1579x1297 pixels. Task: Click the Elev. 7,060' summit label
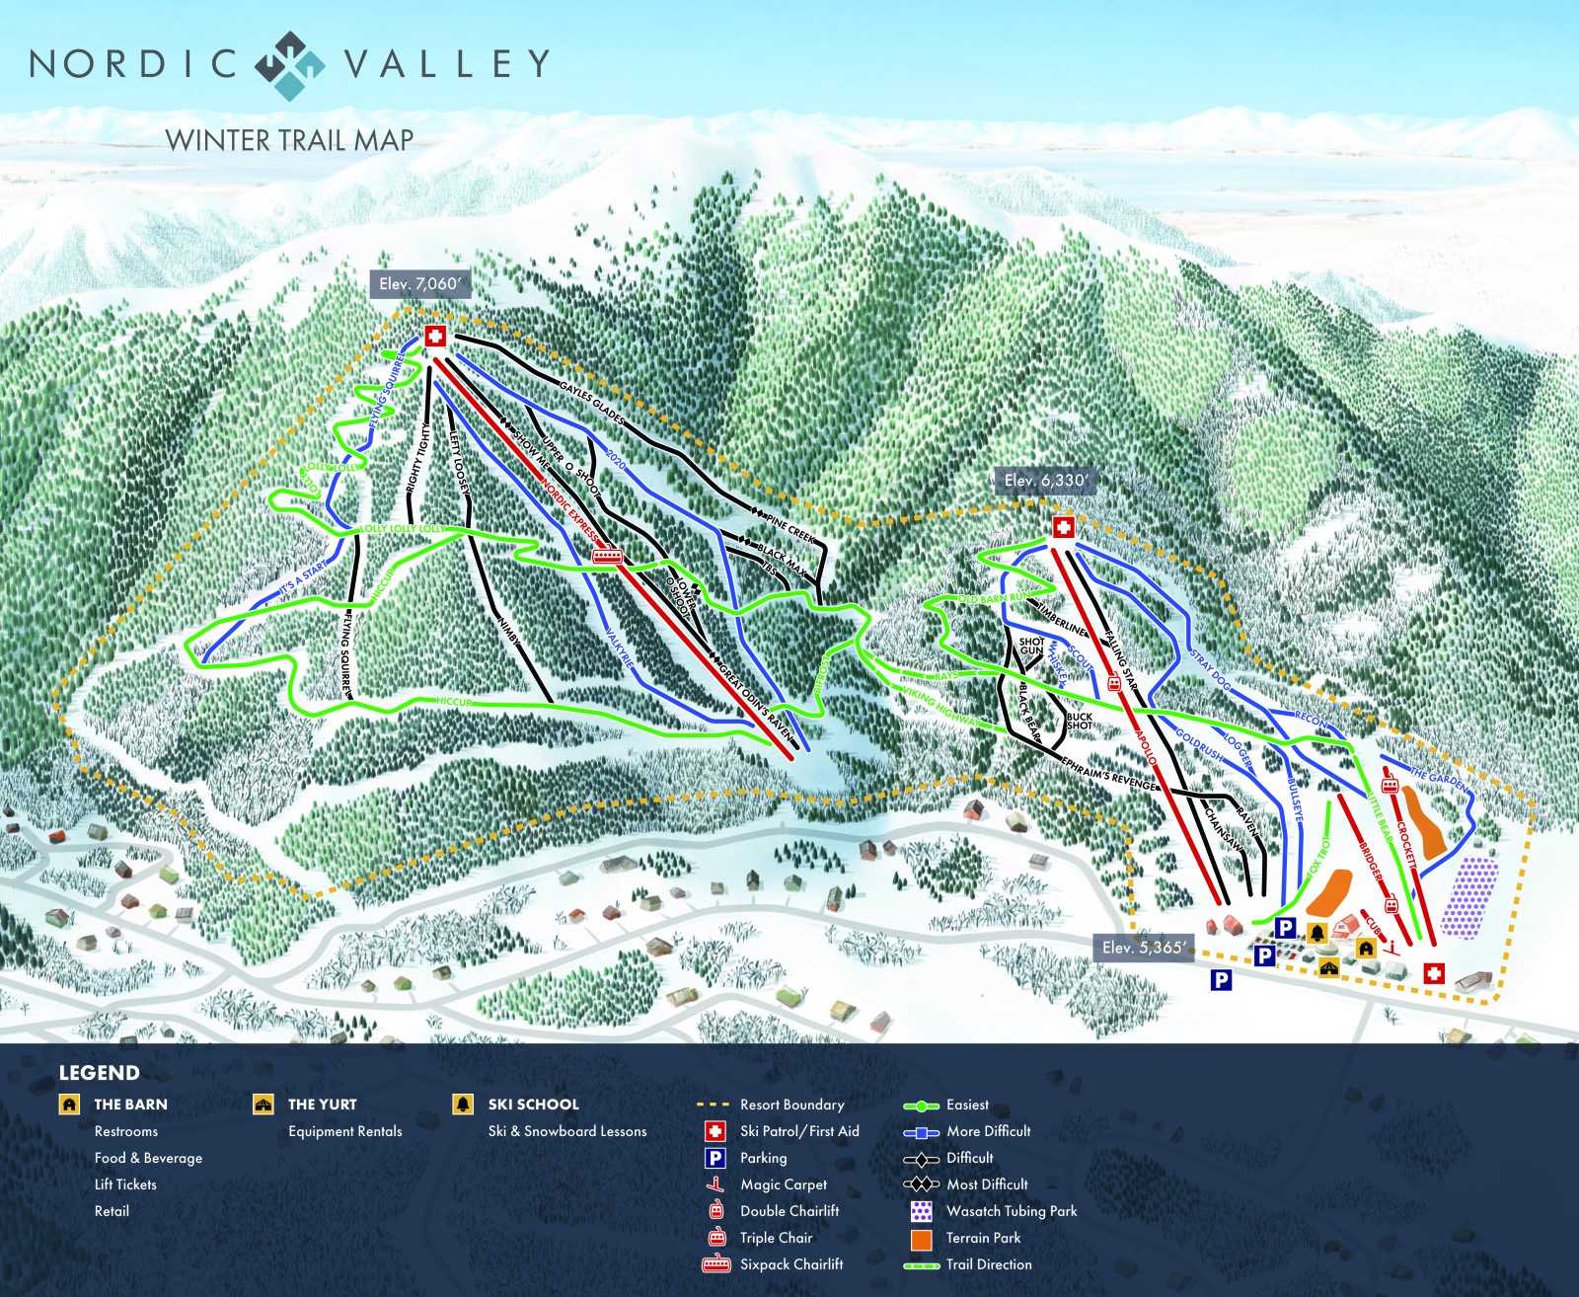pyautogui.click(x=419, y=284)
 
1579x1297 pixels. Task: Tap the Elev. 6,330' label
pyautogui.click(x=1046, y=481)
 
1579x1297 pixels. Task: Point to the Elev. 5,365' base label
pyautogui.click(x=1144, y=948)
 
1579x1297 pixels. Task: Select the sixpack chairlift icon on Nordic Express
pyautogui.click(x=608, y=556)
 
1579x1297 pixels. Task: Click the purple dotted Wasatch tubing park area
pyautogui.click(x=1469, y=897)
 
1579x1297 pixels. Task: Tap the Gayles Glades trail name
pyautogui.click(x=592, y=404)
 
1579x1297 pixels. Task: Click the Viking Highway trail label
pyautogui.click(x=942, y=709)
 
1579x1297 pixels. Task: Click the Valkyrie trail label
pyautogui.click(x=618, y=647)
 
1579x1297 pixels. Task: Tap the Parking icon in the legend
pyautogui.click(x=715, y=1158)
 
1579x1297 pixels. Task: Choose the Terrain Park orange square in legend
pyautogui.click(x=922, y=1239)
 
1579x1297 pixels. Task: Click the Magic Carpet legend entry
pyautogui.click(x=783, y=1184)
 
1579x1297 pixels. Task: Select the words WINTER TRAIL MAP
pyautogui.click(x=289, y=140)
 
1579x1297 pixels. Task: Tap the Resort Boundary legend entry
pyautogui.click(x=791, y=1105)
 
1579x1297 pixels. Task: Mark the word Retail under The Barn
pyautogui.click(x=112, y=1211)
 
